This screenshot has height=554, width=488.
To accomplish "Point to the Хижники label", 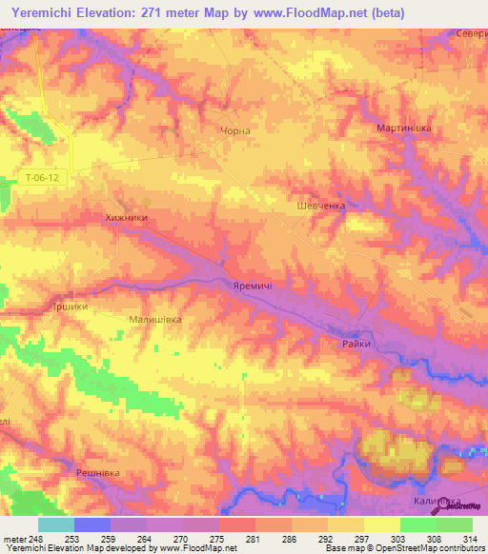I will (x=126, y=218).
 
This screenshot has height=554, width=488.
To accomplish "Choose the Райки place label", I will (x=356, y=344).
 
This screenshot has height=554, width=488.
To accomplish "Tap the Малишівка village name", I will (x=154, y=321).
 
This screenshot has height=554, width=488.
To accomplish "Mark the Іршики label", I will (x=71, y=307).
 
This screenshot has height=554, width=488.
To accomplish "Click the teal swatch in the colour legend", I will (x=56, y=524).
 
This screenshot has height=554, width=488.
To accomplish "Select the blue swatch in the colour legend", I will (x=92, y=524).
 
